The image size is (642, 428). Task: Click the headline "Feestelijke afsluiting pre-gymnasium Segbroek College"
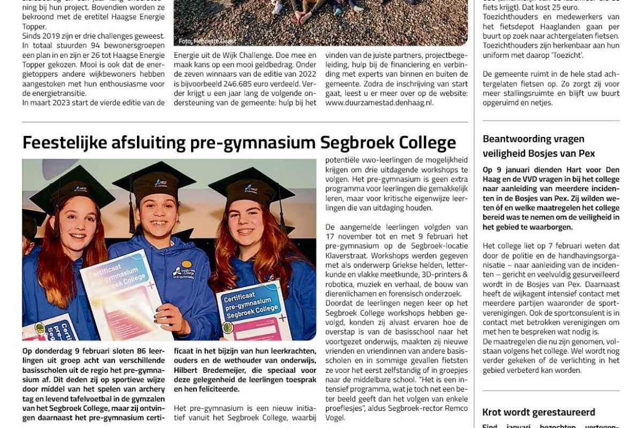pyautogui.click(x=239, y=143)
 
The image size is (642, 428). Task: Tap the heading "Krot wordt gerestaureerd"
pyautogui.click(x=539, y=412)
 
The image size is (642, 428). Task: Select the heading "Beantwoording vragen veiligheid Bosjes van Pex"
pyautogui.click(x=539, y=146)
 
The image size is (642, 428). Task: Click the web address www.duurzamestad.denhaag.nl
pyautogui.click(x=379, y=103)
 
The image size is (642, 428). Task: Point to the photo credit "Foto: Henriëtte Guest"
pyautogui.click(x=207, y=41)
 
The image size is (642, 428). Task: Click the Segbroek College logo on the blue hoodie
pyautogui.click(x=184, y=272)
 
